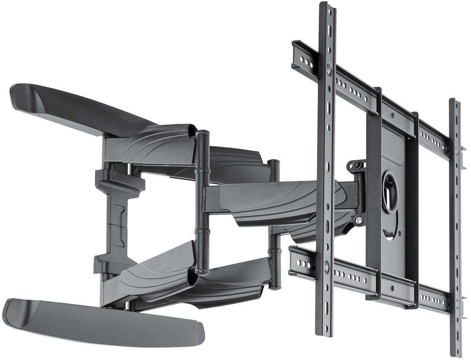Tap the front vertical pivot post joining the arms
202,203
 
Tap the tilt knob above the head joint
357,165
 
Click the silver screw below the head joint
359,220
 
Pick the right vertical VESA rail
455,226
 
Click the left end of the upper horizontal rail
298,54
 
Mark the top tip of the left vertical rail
326,6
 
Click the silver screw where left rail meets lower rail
326,267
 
